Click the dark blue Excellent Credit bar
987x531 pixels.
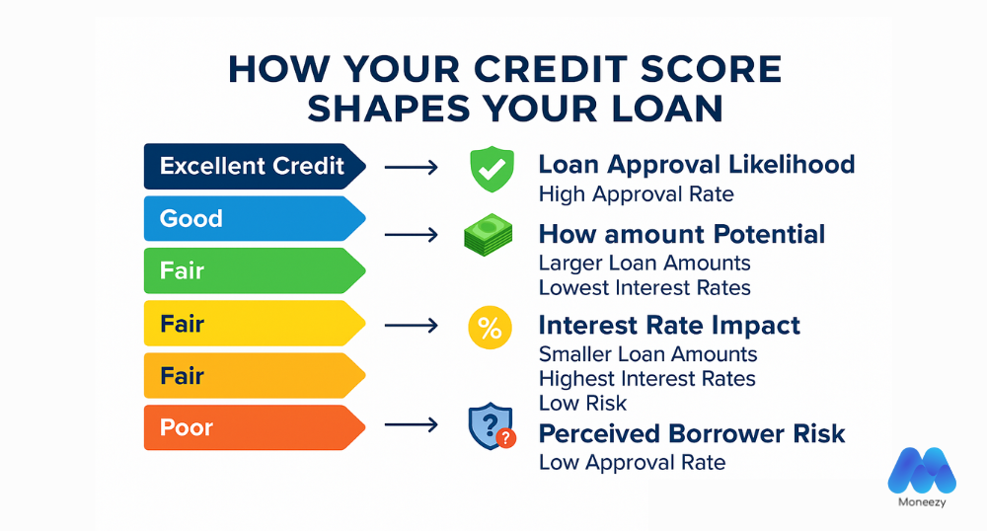click(x=253, y=166)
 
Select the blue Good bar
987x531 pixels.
click(x=253, y=218)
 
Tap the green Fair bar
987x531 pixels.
click(x=253, y=270)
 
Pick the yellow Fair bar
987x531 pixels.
click(x=253, y=324)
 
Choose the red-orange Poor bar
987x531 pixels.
click(x=253, y=428)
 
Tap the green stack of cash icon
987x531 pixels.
click(x=489, y=236)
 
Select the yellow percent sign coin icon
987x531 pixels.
click(x=489, y=330)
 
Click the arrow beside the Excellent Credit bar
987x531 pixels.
click(x=411, y=168)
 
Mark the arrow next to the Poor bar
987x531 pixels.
click(x=411, y=426)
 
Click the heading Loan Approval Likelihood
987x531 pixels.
click(x=697, y=165)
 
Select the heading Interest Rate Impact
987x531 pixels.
click(x=669, y=326)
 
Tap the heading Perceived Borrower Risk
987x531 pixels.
click(x=692, y=434)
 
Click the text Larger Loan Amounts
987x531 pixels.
click(x=645, y=264)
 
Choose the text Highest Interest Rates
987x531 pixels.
click(x=646, y=379)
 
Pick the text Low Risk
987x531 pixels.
click(x=582, y=404)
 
